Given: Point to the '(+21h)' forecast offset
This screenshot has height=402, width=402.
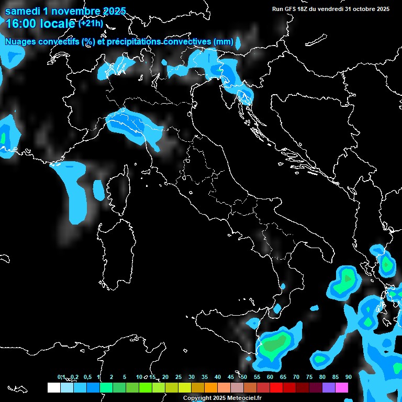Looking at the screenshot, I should click(91, 24).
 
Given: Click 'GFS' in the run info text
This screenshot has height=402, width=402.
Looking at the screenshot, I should click(292, 9).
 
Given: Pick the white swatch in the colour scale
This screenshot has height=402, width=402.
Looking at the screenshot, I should click(53, 388).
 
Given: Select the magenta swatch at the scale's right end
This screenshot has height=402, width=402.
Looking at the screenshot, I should click(342, 388).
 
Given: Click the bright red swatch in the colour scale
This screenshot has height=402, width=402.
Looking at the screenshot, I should click(276, 388).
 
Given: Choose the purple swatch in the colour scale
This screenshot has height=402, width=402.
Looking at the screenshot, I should click(329, 388).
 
